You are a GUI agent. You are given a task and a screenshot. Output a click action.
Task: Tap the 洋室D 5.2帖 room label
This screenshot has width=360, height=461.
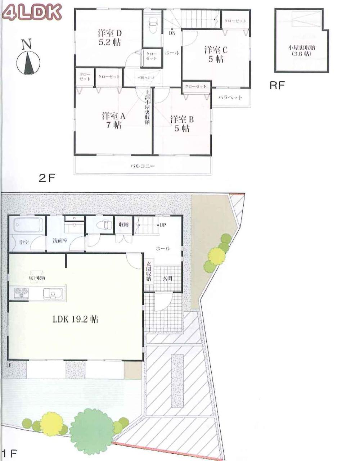[110, 37]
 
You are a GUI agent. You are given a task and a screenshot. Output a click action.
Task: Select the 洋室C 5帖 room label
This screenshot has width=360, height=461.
[215, 54]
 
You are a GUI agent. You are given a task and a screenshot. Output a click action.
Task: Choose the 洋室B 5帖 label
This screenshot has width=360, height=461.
[182, 123]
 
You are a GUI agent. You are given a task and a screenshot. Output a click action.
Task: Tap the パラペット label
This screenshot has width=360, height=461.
[230, 97]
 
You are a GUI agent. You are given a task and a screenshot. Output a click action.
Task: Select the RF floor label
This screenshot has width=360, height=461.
[277, 86]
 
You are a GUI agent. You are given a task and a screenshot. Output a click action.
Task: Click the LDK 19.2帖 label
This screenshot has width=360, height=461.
[76, 319]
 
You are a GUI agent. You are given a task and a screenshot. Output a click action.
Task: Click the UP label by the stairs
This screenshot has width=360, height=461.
[162, 225]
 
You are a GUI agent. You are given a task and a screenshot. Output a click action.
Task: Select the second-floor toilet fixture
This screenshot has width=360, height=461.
[151, 23]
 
